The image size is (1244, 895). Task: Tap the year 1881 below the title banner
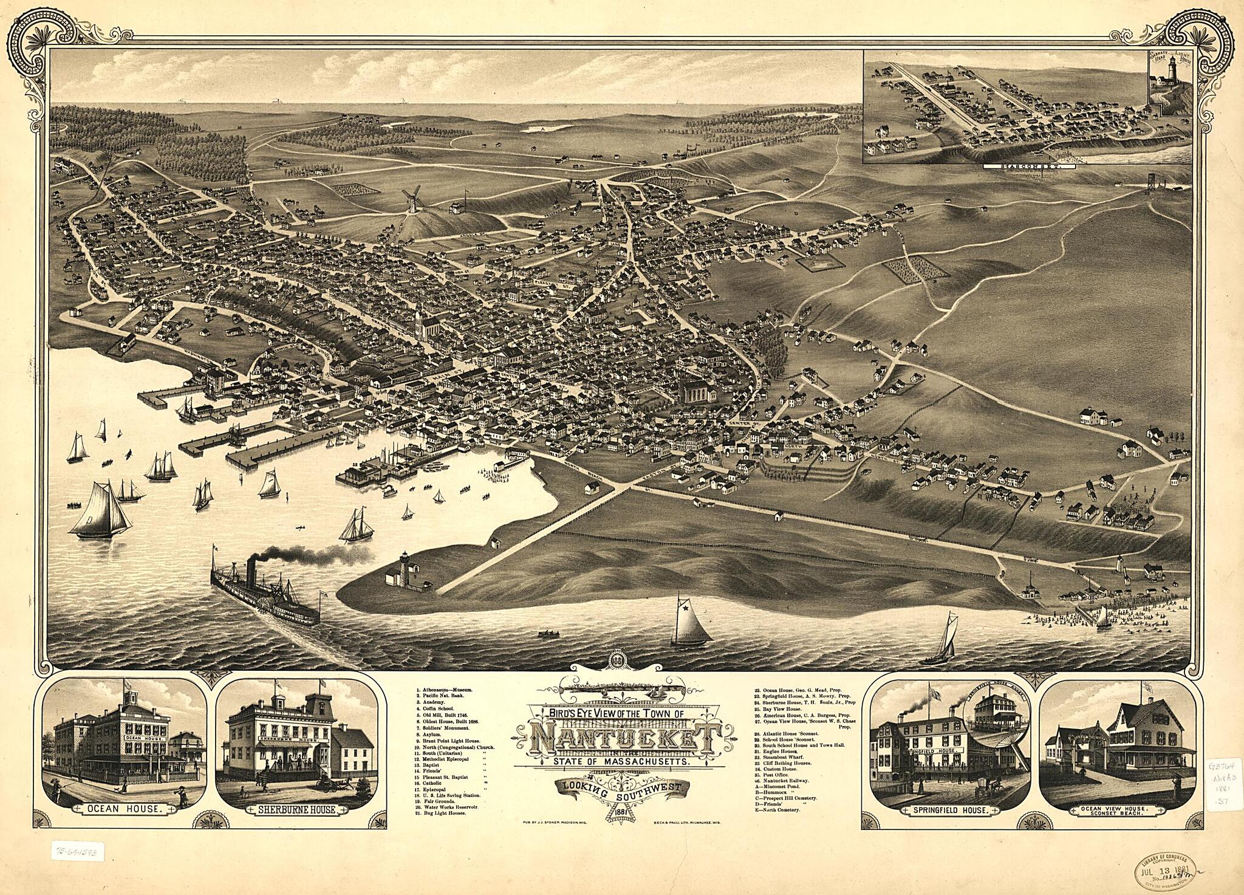click(618, 812)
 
